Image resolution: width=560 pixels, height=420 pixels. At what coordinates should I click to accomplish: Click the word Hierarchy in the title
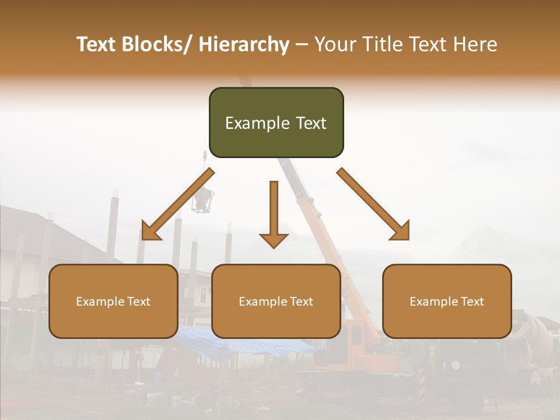click(x=244, y=45)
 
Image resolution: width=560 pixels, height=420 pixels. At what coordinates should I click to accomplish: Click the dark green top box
click(x=276, y=123)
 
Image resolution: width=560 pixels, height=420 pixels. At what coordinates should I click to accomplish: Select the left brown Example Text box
click(x=113, y=301)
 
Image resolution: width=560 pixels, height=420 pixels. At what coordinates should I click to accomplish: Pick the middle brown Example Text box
click(x=276, y=301)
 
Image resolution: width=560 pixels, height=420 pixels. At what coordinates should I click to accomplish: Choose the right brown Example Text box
click(x=447, y=301)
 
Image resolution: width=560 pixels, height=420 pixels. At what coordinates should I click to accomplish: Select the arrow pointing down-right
click(x=373, y=204)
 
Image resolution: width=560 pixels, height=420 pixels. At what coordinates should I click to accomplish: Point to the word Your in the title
click(x=332, y=45)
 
